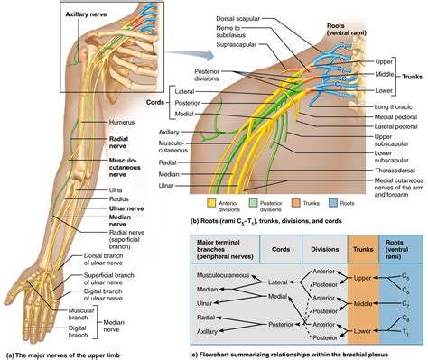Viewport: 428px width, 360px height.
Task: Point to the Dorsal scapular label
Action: [x=237, y=15]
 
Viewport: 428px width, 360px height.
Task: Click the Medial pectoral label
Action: [x=398, y=118]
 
